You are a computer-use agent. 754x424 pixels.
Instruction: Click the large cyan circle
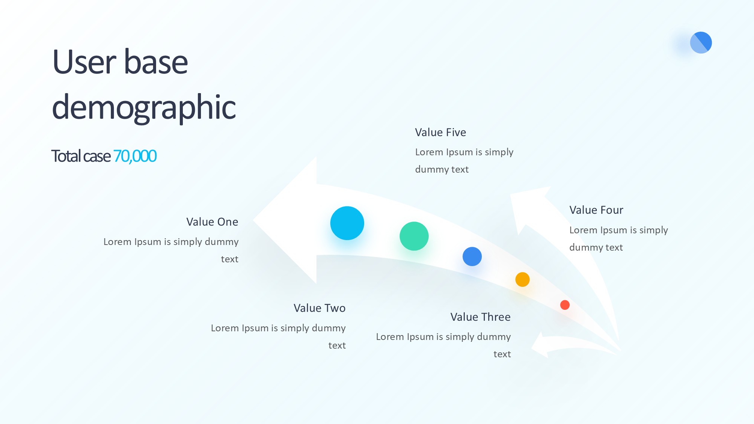pyautogui.click(x=347, y=223)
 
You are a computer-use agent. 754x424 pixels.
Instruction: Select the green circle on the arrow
pyautogui.click(x=414, y=236)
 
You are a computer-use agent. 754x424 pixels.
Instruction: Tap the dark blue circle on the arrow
pyautogui.click(x=472, y=257)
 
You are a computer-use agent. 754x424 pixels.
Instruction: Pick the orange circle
pyautogui.click(x=523, y=280)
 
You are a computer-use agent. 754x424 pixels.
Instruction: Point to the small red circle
pyautogui.click(x=565, y=305)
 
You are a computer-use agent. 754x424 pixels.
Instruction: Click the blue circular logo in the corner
pyautogui.click(x=701, y=43)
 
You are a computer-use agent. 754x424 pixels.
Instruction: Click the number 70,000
pyautogui.click(x=135, y=156)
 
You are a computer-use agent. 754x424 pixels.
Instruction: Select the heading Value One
pyautogui.click(x=212, y=222)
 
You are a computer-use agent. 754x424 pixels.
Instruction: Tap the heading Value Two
pyautogui.click(x=320, y=308)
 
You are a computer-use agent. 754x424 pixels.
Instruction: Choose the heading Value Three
pyautogui.click(x=480, y=317)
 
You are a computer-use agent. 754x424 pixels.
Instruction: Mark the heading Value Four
pyautogui.click(x=596, y=210)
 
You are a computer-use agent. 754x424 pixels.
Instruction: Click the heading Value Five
pyautogui.click(x=440, y=132)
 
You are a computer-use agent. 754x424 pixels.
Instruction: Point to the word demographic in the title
pyautogui.click(x=144, y=108)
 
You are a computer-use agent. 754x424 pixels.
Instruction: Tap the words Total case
pyautogui.click(x=81, y=156)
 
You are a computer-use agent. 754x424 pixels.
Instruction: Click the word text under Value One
pyautogui.click(x=230, y=259)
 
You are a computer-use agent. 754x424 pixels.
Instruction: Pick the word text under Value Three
pyautogui.click(x=502, y=354)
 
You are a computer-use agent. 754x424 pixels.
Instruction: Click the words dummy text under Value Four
pyautogui.click(x=596, y=248)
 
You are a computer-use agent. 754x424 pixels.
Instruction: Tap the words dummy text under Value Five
pyautogui.click(x=442, y=170)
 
